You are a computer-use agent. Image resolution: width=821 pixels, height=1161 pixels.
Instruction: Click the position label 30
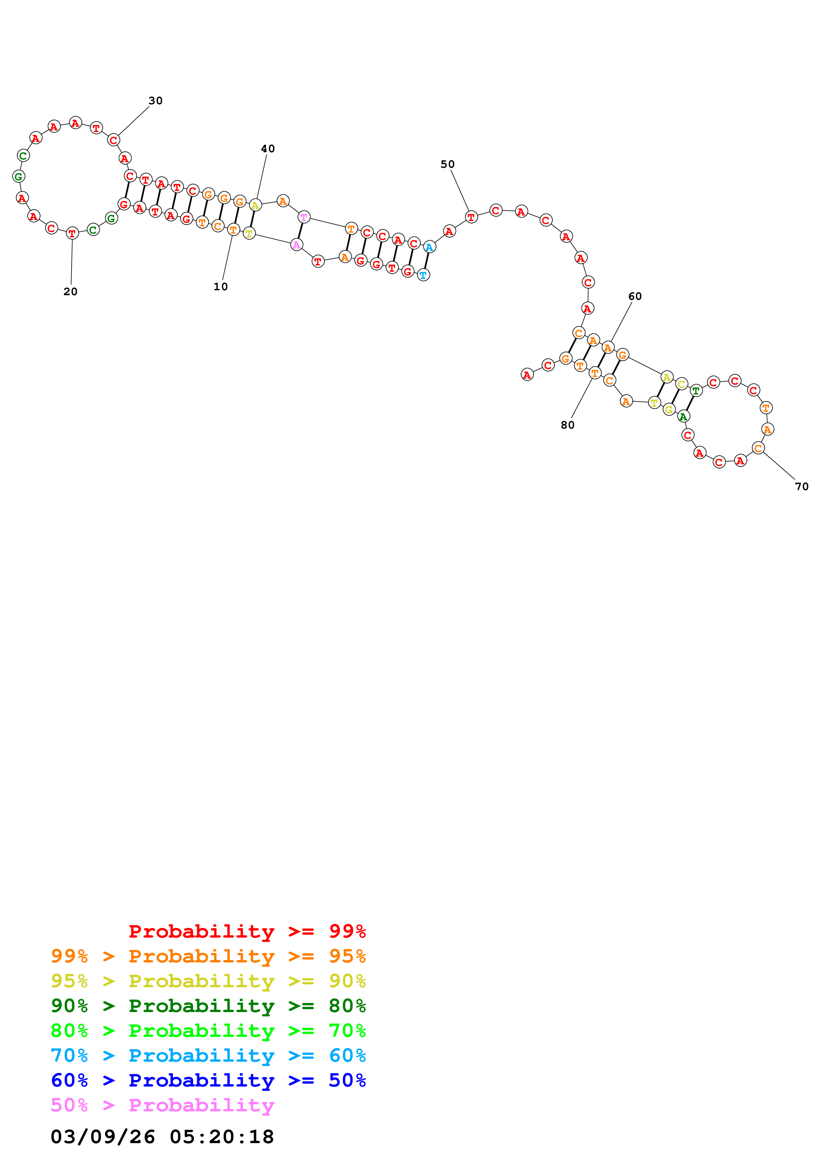click(155, 101)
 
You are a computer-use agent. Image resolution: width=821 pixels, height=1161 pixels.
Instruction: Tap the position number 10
click(221, 287)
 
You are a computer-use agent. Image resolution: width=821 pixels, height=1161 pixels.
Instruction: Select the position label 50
click(447, 164)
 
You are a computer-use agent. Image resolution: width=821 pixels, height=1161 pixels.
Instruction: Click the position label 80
click(568, 425)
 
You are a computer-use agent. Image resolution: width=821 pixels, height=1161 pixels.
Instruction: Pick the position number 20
click(70, 292)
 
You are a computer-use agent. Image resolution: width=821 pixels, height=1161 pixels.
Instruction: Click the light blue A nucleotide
click(430, 247)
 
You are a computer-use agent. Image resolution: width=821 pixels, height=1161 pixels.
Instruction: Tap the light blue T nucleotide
click(423, 275)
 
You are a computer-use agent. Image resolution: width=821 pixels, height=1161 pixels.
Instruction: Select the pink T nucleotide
click(303, 217)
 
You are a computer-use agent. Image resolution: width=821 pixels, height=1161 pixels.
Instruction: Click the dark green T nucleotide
click(696, 391)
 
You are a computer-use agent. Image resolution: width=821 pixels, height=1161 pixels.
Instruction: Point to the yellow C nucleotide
click(681, 384)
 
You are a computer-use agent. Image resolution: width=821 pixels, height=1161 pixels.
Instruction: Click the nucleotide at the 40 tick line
click(255, 205)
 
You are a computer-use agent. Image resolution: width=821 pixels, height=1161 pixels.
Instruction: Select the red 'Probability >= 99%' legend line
click(247, 931)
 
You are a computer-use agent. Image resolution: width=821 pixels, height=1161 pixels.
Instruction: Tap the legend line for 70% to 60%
click(208, 1055)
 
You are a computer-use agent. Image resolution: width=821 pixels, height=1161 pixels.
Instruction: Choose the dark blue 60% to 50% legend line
click(208, 1080)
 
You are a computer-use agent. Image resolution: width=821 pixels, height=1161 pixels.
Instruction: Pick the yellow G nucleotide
click(669, 410)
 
